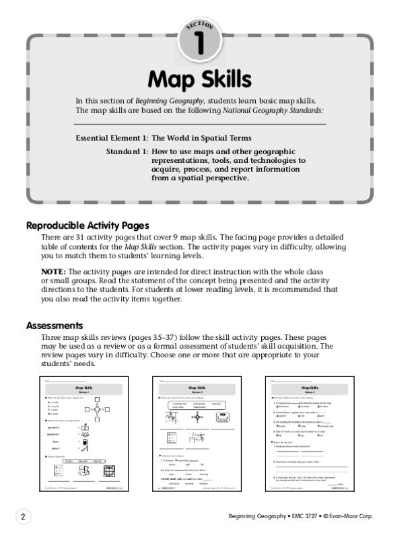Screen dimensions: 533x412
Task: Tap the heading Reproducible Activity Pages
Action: pos(88,225)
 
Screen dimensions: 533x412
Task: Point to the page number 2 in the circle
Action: pos(23,516)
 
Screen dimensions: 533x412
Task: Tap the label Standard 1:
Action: pos(127,152)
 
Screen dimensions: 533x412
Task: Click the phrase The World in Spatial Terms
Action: pos(201,138)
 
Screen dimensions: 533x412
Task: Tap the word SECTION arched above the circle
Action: pos(199,26)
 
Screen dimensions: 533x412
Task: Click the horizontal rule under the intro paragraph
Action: pos(199,125)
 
